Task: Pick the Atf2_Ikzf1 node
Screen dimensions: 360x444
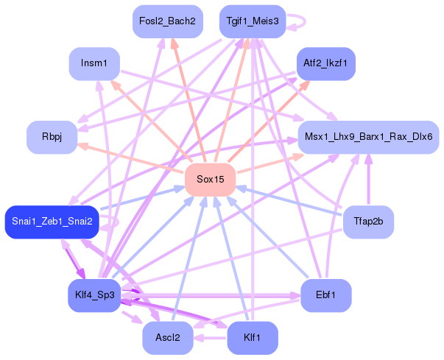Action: (325, 64)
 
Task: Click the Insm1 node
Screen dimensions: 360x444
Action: (94, 64)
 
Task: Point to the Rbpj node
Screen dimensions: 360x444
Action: (52, 137)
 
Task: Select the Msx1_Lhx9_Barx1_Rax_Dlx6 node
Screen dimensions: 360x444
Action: (369, 137)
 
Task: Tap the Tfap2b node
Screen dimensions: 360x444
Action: (368, 222)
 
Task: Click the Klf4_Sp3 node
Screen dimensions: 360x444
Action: (94, 295)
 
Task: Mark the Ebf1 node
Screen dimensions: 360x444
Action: (325, 295)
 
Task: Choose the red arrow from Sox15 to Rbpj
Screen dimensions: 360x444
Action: (133, 158)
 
